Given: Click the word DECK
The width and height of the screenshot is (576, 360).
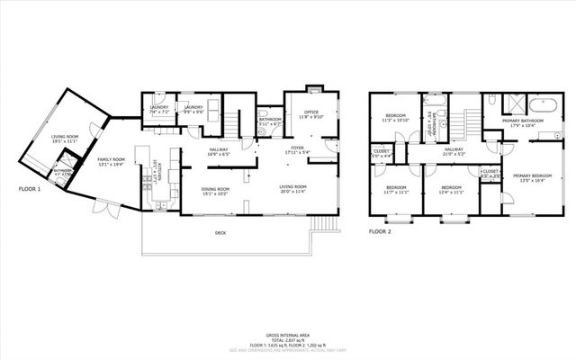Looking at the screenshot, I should (x=220, y=233).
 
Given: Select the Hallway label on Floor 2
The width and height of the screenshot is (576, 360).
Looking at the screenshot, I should (x=453, y=151).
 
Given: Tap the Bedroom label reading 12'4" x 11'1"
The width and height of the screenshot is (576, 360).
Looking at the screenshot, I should (x=452, y=189).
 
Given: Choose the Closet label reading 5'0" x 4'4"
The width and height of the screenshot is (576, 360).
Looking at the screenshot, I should (x=382, y=154).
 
